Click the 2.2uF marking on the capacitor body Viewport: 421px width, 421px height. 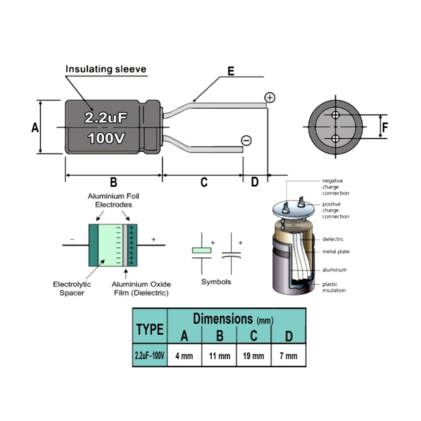(x=105, y=118)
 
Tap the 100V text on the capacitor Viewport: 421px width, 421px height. (x=106, y=138)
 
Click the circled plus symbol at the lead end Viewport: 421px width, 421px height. (x=270, y=97)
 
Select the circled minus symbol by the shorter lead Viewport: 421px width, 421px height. (x=246, y=140)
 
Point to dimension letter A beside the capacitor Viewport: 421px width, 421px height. (x=35, y=128)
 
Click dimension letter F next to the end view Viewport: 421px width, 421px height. (x=385, y=128)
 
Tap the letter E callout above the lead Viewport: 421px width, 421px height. (x=231, y=71)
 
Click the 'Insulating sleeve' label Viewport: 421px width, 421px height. (x=106, y=69)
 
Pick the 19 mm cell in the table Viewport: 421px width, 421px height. (x=253, y=356)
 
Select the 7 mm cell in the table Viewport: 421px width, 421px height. (x=289, y=356)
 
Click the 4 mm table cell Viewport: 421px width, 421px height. (x=184, y=356)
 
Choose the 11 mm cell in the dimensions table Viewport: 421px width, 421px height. (x=220, y=356)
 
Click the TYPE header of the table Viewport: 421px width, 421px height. (x=150, y=329)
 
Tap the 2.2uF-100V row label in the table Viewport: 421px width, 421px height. (x=149, y=356)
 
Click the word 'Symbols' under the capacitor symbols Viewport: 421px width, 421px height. (x=216, y=282)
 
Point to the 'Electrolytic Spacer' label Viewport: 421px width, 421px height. (x=72, y=288)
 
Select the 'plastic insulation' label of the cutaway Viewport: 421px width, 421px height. (x=334, y=287)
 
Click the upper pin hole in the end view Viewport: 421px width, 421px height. (x=335, y=115)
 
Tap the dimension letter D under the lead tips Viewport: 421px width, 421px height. (x=255, y=182)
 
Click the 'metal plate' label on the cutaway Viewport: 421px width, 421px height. (x=336, y=251)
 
